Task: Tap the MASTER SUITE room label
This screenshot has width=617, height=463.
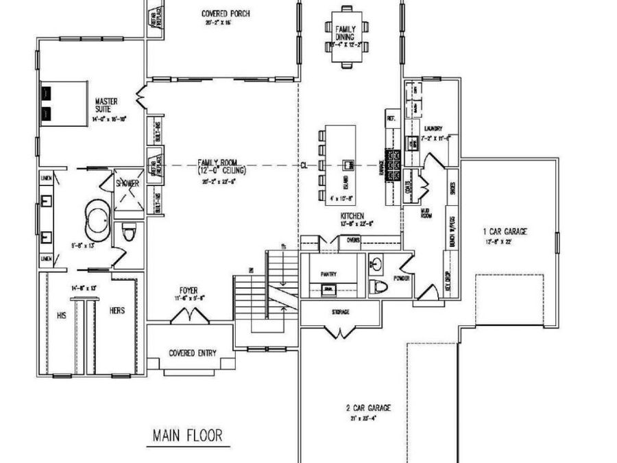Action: [107, 106]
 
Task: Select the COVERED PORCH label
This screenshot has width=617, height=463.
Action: [225, 14]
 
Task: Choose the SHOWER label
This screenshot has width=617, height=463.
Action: [127, 183]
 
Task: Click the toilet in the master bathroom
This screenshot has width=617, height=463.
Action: [128, 234]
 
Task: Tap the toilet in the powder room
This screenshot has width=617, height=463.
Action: [378, 286]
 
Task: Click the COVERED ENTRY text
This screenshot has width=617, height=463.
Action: [193, 353]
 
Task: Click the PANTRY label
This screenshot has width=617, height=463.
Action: [329, 274]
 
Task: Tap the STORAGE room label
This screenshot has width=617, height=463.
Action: [341, 312]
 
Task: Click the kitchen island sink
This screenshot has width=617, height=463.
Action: [349, 165]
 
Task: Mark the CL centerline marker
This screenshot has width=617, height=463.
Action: [304, 165]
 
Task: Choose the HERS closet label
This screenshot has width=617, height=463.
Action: [117, 310]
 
